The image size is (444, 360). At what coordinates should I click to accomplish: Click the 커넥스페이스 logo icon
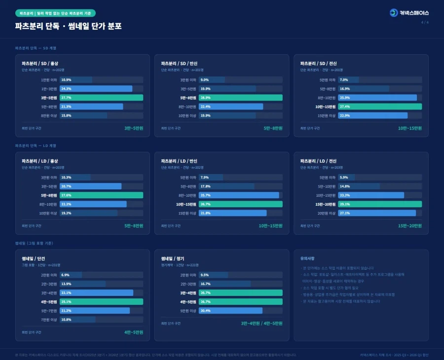coord(393,13)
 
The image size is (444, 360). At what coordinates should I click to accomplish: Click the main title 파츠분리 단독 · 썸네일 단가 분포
coord(68,26)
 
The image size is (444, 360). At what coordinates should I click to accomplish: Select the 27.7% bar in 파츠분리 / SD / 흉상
coord(101,98)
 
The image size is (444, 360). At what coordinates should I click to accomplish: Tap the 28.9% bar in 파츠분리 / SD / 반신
coord(241,98)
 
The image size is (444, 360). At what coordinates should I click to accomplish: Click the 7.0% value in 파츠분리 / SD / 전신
coord(344,80)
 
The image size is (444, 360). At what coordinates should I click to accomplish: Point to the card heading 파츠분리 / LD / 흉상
coord(40,161)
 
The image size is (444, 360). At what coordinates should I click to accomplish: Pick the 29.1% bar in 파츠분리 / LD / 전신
coord(380,204)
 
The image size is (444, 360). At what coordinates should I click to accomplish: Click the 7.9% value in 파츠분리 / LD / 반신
coord(205,178)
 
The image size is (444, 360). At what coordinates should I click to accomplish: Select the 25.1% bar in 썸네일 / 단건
coord(101,302)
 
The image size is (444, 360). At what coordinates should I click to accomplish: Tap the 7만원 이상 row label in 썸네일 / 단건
coord(49,320)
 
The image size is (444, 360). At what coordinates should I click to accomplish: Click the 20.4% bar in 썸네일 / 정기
coord(230,311)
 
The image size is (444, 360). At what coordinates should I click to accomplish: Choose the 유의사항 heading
coord(307,258)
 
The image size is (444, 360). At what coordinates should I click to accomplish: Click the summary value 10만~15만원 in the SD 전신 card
coord(410,128)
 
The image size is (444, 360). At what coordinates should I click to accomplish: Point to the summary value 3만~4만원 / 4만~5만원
coord(261,324)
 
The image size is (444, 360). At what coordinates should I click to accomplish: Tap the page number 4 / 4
coord(424,22)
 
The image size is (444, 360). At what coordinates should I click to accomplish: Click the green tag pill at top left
coord(55,13)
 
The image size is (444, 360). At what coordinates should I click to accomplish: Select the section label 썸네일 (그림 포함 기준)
coord(34,243)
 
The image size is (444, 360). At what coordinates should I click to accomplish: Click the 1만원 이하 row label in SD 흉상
coord(49,80)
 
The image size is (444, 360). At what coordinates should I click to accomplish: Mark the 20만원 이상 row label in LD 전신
coord(327,213)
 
